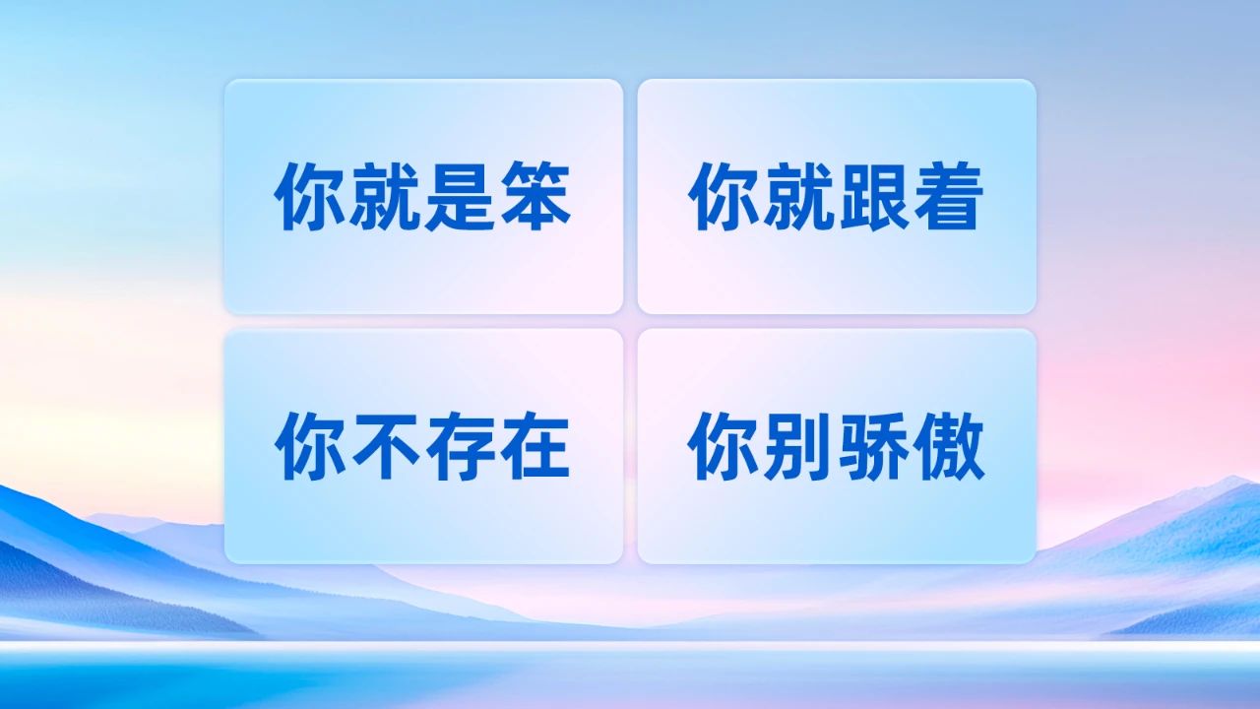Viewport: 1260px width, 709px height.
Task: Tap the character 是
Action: click(x=460, y=196)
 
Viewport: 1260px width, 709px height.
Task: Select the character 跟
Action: click(x=873, y=196)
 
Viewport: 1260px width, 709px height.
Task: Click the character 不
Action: click(x=385, y=446)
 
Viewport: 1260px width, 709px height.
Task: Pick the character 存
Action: click(x=460, y=446)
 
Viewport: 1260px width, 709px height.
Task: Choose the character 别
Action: click(x=798, y=446)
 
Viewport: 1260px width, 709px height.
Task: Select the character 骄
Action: click(x=873, y=446)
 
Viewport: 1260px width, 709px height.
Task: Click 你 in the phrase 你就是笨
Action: click(x=309, y=196)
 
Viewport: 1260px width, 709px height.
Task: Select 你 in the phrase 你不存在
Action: click(x=309, y=446)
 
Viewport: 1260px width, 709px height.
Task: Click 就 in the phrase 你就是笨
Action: click(x=385, y=196)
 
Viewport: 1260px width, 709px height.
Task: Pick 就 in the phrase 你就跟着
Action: click(x=798, y=196)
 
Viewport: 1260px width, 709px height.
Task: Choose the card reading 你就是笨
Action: click(x=423, y=196)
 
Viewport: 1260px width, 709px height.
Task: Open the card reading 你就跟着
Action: click(x=837, y=196)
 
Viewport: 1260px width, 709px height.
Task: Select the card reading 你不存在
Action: click(x=423, y=446)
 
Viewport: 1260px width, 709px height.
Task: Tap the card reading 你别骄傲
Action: click(x=837, y=446)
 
